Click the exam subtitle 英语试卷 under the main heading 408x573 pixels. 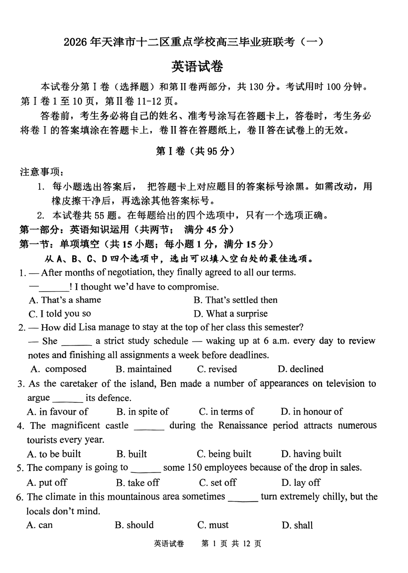pyautogui.click(x=197, y=66)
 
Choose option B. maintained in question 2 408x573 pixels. pyautogui.click(x=144, y=369)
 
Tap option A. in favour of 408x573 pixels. pyautogui.click(x=57, y=412)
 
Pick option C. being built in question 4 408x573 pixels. pyautogui.click(x=224, y=454)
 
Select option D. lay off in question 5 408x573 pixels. pyautogui.click(x=301, y=482)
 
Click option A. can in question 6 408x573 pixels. pyautogui.click(x=40, y=525)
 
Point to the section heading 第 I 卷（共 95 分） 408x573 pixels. pyautogui.click(x=195, y=151)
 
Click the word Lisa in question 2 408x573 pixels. pyautogui.click(x=87, y=327)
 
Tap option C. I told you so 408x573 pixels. pyautogui.click(x=60, y=314)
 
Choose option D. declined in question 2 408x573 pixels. pyautogui.click(x=301, y=369)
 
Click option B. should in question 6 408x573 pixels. pyautogui.click(x=134, y=525)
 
